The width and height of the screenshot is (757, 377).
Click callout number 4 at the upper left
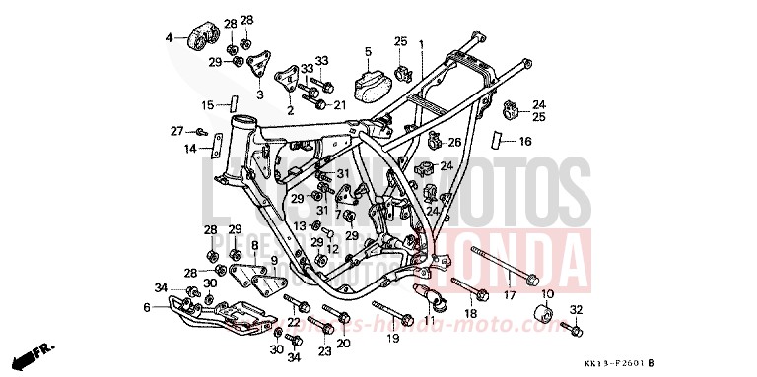click(x=169, y=38)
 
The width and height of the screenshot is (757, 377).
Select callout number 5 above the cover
click(x=368, y=51)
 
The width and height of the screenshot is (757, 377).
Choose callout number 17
click(x=510, y=294)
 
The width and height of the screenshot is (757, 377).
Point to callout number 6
click(x=147, y=307)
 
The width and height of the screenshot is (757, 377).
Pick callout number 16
click(x=524, y=142)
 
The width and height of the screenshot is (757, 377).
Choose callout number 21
click(x=339, y=105)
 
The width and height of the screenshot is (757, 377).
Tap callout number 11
click(x=429, y=320)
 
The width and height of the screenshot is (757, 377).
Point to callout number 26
click(x=454, y=142)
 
